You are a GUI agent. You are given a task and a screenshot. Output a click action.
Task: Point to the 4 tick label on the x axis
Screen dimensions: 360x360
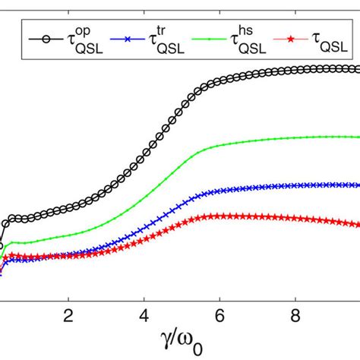pos(144,315)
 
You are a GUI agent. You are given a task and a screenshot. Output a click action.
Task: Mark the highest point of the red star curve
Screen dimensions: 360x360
pos(220,216)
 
